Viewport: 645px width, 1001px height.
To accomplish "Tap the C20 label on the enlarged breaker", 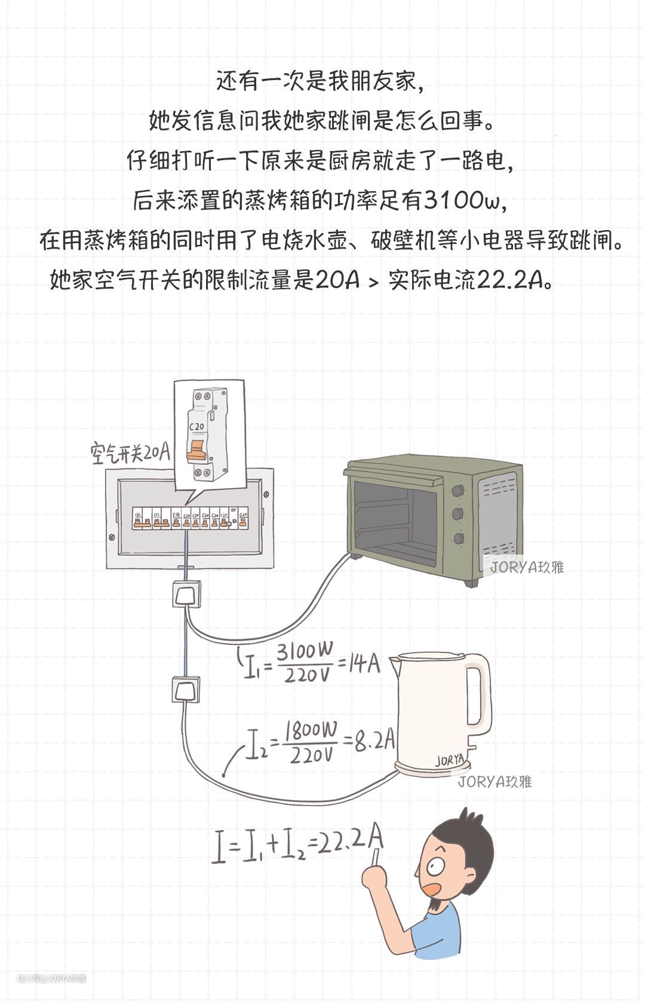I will tap(196, 427).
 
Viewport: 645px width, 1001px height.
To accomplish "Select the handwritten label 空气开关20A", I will tap(130, 452).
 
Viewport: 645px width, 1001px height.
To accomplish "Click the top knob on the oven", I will tap(458, 491).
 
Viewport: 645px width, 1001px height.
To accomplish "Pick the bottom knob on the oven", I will tap(459, 538).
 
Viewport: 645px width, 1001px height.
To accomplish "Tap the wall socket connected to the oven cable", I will tap(186, 595).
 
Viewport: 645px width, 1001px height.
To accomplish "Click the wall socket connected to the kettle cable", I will tap(186, 690).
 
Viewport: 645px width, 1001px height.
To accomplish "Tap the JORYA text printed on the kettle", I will tap(449, 760).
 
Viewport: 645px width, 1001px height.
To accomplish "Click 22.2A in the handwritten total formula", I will tap(350, 840).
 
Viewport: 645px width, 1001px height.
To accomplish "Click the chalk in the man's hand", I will tap(376, 857).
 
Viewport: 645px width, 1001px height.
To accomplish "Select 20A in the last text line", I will tap(337, 280).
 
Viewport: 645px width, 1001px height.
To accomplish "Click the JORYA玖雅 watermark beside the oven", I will tap(527, 567).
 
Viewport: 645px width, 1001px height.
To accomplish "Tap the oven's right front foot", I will tap(472, 582).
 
